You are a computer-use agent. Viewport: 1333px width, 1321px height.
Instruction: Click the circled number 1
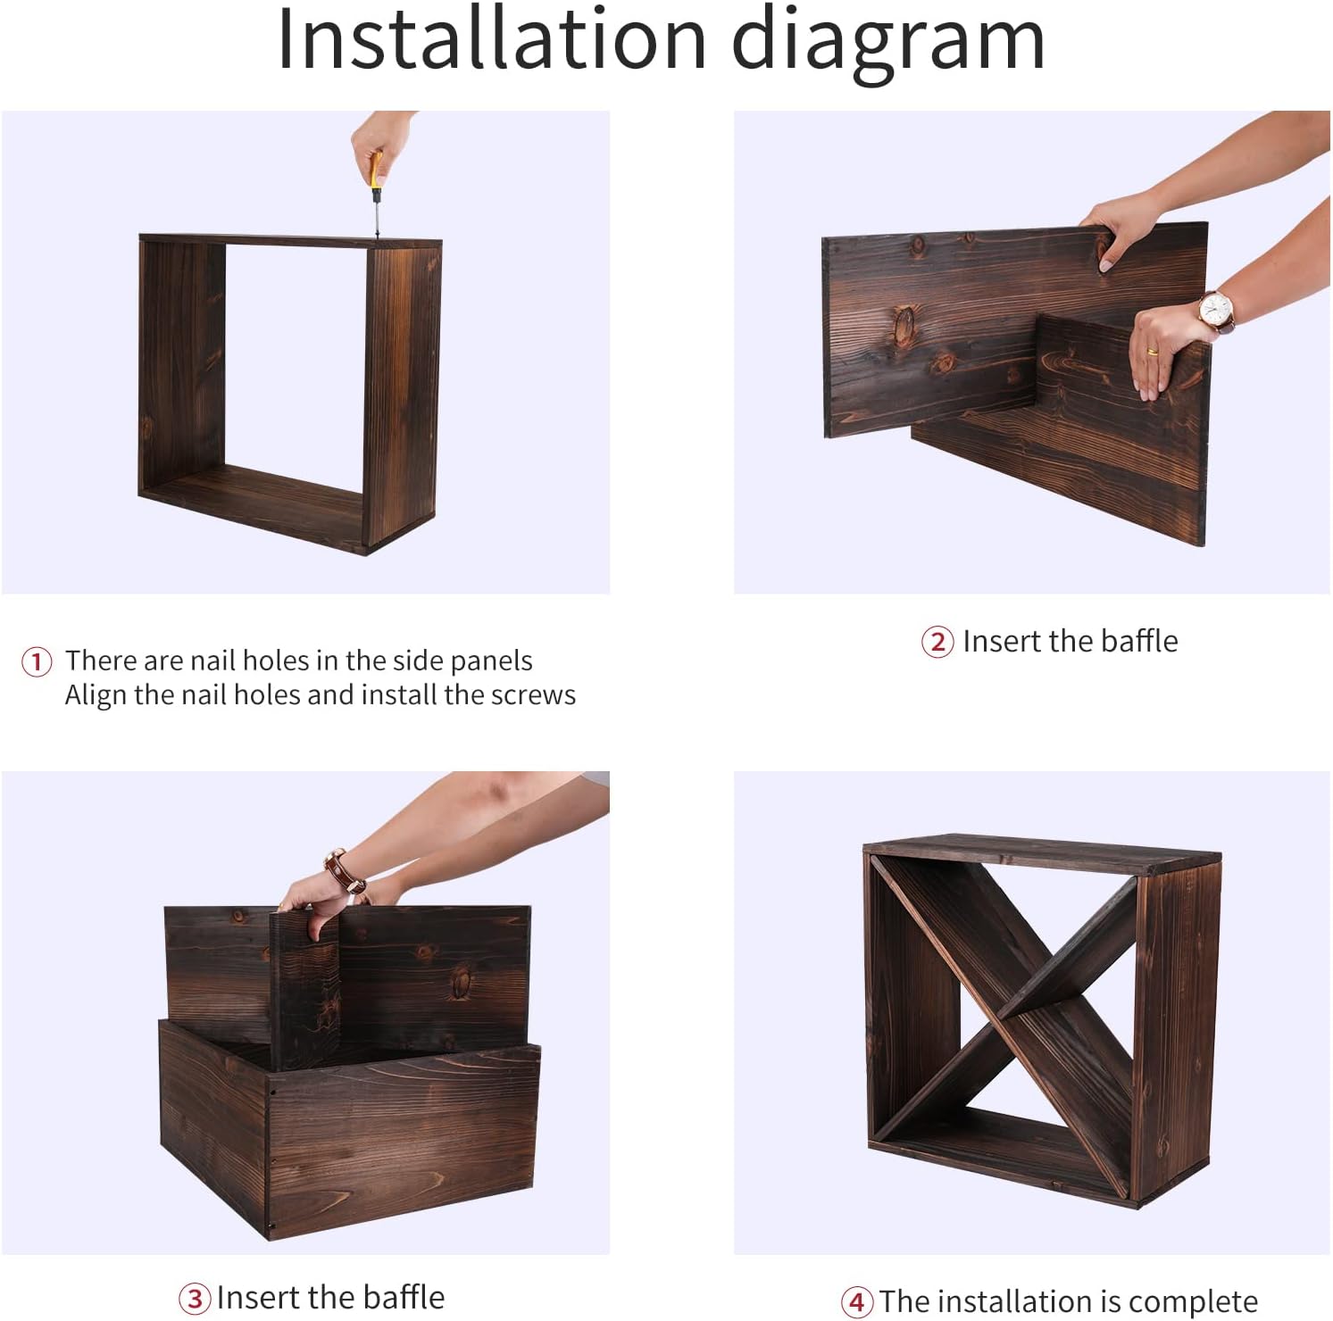(x=37, y=661)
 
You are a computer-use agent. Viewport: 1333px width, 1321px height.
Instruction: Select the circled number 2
(x=937, y=642)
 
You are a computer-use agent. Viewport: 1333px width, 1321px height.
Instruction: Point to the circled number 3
(x=195, y=1298)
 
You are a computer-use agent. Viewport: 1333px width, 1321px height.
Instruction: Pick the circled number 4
(x=857, y=1302)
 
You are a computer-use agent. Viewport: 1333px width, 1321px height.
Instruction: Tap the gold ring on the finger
(x=1153, y=351)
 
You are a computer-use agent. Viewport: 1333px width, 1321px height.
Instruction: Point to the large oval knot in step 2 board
(x=905, y=325)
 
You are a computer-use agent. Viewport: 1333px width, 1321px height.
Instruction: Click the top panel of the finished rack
(x=1042, y=853)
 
